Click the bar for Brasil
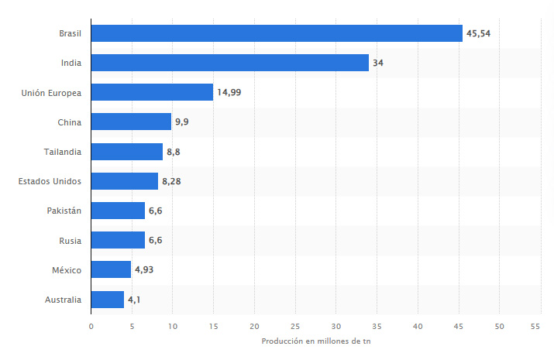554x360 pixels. [x=277, y=33]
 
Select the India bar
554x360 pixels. [x=229, y=63]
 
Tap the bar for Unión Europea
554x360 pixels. [x=152, y=92]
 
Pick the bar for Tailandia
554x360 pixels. [x=126, y=152]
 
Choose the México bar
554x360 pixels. [x=111, y=269]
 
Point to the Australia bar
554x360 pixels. [x=108, y=299]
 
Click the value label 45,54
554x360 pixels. [x=479, y=33]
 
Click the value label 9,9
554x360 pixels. [x=183, y=122]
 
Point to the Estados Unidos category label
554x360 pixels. [x=49, y=181]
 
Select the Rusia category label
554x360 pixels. [x=69, y=240]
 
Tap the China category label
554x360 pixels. [x=69, y=122]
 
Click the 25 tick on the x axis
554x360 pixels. [x=295, y=326]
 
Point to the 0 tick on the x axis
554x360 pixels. [x=91, y=326]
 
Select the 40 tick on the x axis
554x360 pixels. [x=418, y=326]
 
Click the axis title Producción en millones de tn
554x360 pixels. [x=315, y=341]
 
